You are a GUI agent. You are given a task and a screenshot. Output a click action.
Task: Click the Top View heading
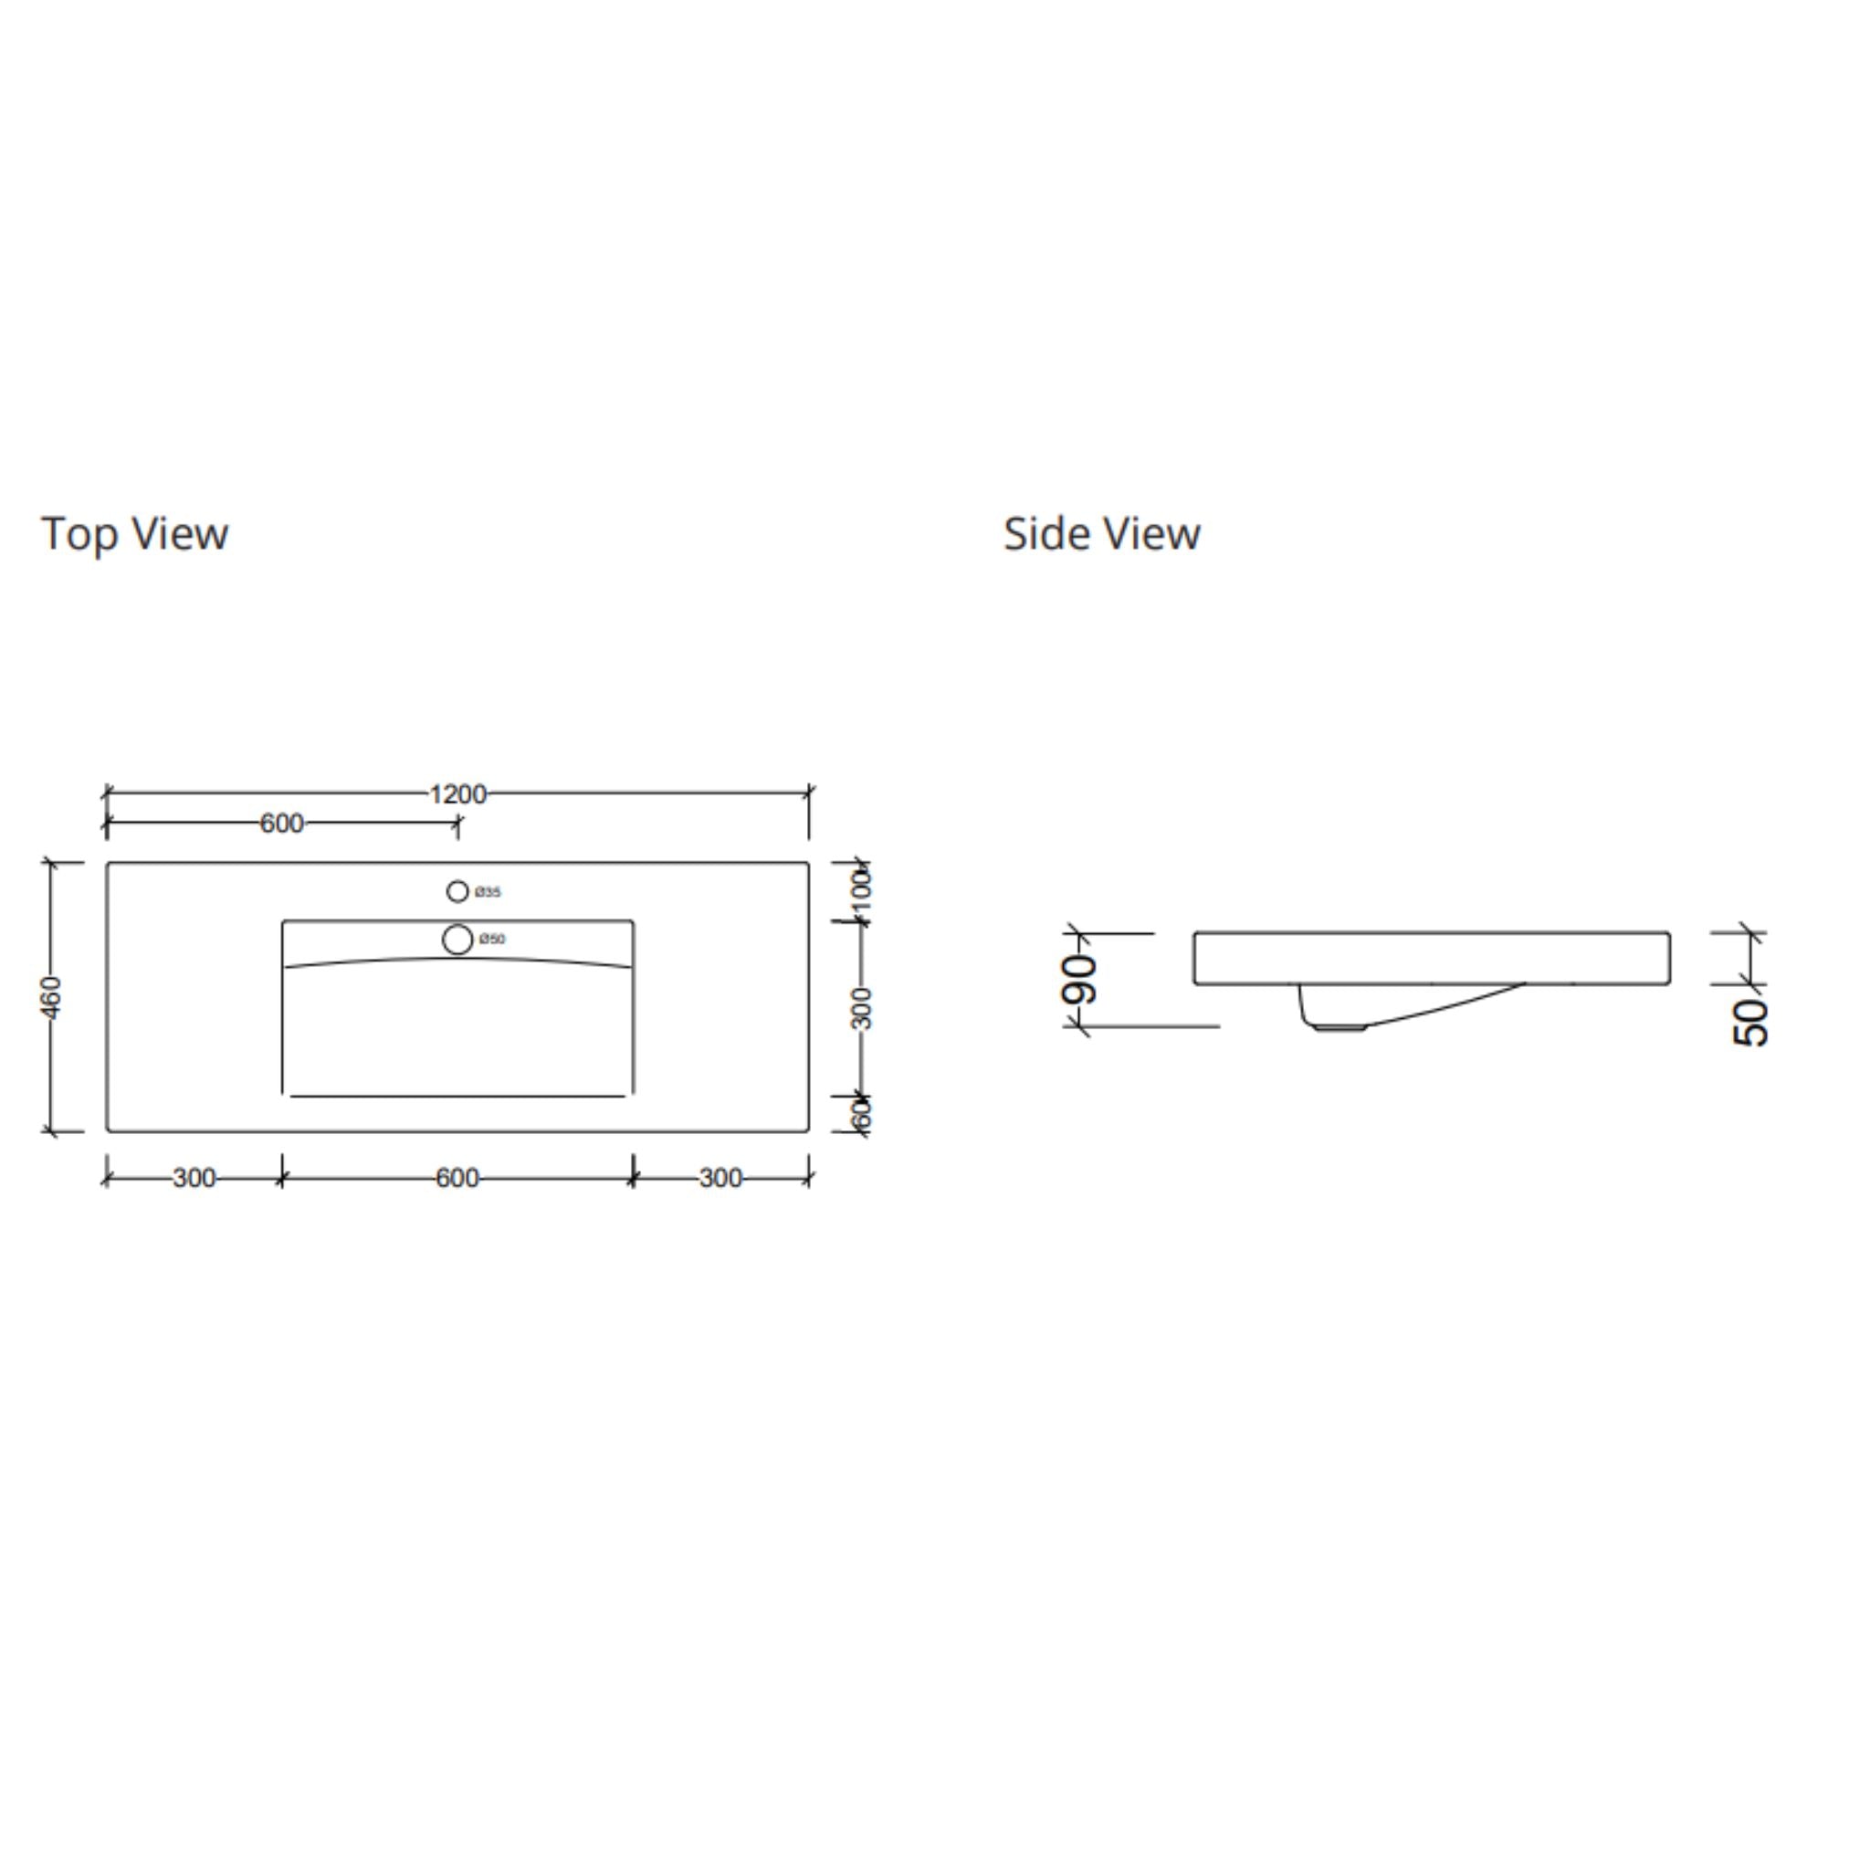[x=134, y=533]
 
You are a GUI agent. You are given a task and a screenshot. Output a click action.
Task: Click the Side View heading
[x=1101, y=533]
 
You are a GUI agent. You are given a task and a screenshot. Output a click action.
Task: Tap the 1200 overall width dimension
[x=457, y=793]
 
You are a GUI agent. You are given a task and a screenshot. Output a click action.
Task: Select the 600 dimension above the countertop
[x=281, y=823]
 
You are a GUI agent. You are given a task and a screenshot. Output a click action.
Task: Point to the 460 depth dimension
[x=51, y=997]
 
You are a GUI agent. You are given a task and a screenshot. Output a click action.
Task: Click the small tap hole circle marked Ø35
[x=457, y=890]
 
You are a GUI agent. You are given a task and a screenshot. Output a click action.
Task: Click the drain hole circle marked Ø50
[x=457, y=939]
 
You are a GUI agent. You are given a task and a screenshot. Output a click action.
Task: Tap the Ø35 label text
[x=488, y=891]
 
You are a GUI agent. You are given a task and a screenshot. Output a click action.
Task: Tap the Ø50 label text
[x=492, y=939]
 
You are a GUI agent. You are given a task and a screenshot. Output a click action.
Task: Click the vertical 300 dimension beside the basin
[x=861, y=1008]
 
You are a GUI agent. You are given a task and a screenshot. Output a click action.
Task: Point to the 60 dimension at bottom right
[x=861, y=1114]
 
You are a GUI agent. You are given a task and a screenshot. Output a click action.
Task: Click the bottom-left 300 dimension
[x=194, y=1178]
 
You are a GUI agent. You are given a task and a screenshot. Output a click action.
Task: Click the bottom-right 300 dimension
[x=720, y=1178]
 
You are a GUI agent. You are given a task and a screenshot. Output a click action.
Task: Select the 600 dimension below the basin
[x=457, y=1178]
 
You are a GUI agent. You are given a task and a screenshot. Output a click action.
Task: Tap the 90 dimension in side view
[x=1080, y=979]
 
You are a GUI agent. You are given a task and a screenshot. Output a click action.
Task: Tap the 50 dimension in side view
[x=1751, y=1021]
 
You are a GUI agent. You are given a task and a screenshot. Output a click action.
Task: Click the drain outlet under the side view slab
[x=1338, y=1026]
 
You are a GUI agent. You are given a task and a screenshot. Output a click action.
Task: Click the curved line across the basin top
[x=457, y=960]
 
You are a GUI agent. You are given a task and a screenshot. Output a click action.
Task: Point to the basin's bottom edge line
[x=457, y=1097]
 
